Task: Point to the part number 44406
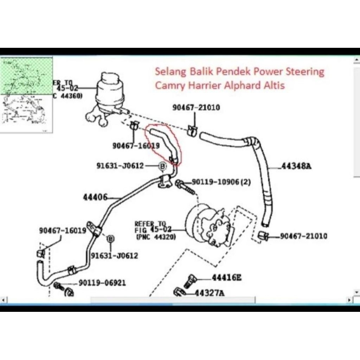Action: point(95,198)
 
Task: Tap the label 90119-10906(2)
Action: point(221,182)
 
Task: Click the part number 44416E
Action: point(226,278)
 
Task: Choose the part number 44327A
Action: point(210,293)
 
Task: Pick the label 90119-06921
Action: point(102,283)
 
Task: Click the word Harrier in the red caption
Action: point(206,85)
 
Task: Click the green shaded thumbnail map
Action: point(27,76)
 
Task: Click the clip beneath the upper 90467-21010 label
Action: point(192,130)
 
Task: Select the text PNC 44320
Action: point(156,238)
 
